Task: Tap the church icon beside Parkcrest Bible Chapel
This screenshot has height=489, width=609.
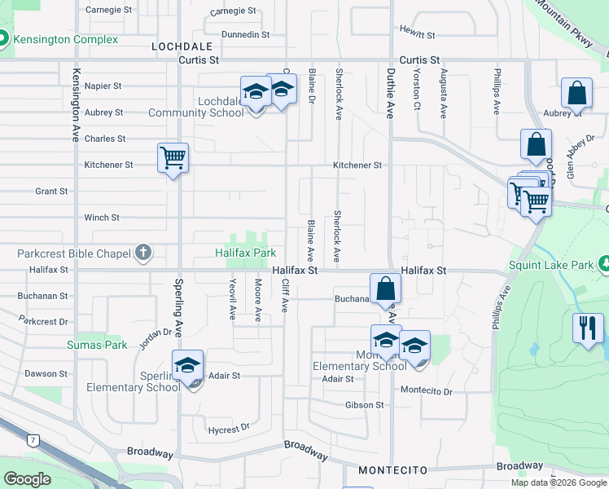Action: (x=143, y=253)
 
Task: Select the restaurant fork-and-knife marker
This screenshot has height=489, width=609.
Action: (x=588, y=328)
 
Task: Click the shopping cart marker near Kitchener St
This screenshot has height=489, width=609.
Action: (x=173, y=157)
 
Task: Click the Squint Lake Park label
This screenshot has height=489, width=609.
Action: (x=551, y=264)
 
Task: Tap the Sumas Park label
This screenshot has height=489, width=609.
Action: (x=97, y=345)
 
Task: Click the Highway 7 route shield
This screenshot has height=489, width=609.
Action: (x=33, y=440)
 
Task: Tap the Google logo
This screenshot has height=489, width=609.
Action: (x=27, y=478)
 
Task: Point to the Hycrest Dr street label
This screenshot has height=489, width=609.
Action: (x=227, y=429)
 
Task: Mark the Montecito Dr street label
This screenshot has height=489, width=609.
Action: (x=426, y=391)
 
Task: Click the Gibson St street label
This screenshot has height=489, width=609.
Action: (x=367, y=404)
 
